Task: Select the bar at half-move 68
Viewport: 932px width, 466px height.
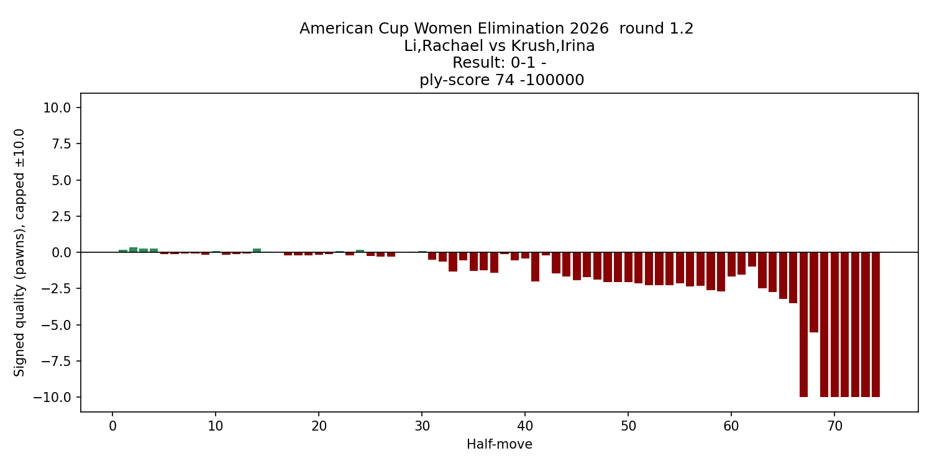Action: tap(814, 292)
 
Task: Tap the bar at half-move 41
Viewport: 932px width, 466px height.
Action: tap(535, 267)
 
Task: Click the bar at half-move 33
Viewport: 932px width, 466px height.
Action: tap(453, 262)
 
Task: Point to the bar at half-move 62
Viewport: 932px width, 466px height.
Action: tap(752, 259)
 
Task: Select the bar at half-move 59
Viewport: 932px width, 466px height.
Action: tap(721, 272)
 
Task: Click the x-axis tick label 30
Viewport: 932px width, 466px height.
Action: tap(422, 426)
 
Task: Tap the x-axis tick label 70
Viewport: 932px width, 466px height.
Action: tap(834, 426)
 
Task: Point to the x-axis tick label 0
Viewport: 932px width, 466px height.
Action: tap(112, 426)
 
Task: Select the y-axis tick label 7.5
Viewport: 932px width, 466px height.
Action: tap(61, 144)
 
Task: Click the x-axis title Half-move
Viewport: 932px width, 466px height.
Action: tap(500, 444)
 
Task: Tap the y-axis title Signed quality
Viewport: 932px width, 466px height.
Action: tap(20, 252)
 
